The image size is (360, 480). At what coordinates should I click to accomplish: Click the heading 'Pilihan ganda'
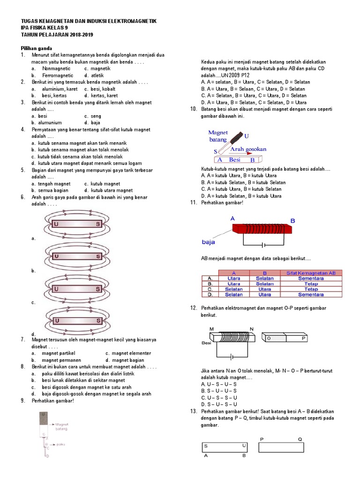point(36,48)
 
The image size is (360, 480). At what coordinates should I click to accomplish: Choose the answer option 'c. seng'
point(92,116)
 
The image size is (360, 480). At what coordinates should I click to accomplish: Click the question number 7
point(22,339)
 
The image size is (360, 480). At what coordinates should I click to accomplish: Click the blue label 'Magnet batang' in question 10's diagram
point(218,136)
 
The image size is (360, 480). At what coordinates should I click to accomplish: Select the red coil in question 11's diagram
point(262,228)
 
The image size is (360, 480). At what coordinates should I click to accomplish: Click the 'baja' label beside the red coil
point(208,242)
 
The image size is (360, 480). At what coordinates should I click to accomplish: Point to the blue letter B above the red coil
point(292,220)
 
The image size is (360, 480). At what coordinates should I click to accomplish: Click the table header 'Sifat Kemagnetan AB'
point(311,273)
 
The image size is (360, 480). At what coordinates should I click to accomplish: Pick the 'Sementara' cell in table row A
point(311,278)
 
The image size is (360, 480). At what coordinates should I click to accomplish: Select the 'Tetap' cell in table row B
point(311,284)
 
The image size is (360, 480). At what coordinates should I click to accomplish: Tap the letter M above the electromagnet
point(212,329)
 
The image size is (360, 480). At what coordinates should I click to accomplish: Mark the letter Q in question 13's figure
point(300,439)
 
